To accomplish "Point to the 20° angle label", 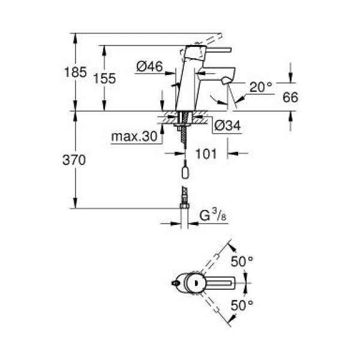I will click(x=261, y=88).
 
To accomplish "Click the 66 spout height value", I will click(x=290, y=97).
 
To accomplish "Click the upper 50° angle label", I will click(x=242, y=261).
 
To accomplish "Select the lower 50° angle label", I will click(x=242, y=305).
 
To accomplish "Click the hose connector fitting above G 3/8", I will click(x=185, y=196).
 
